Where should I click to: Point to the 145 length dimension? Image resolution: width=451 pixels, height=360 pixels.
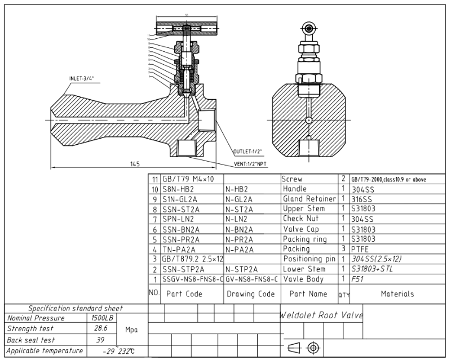click(x=134, y=164)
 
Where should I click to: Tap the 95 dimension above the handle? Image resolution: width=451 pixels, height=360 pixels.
click(x=185, y=16)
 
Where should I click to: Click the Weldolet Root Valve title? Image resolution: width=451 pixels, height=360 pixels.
click(x=321, y=315)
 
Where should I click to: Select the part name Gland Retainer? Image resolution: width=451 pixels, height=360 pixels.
click(x=309, y=199)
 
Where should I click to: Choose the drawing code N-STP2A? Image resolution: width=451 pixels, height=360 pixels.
click(x=241, y=269)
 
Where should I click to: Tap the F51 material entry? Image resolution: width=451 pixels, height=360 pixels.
click(x=357, y=279)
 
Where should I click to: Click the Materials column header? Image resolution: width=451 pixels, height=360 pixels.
click(x=397, y=294)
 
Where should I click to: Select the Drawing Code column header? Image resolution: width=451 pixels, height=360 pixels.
click(x=251, y=294)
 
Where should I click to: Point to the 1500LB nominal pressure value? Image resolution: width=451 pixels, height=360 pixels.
click(x=103, y=318)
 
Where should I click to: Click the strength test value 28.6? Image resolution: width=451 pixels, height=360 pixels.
click(x=102, y=328)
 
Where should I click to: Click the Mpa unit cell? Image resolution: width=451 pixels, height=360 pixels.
click(x=131, y=329)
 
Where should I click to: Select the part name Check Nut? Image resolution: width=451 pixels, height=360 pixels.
click(x=301, y=219)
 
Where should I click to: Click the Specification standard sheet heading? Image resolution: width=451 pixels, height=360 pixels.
click(x=76, y=308)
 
